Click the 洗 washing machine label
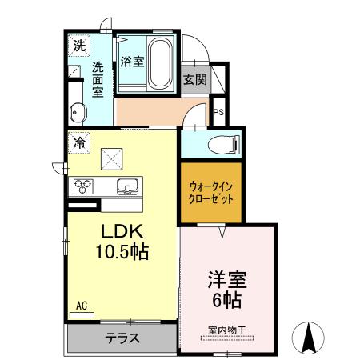tap(78, 46)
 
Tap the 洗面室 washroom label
tap(98, 79)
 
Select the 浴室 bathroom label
tap(132, 61)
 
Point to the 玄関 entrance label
tap(194, 79)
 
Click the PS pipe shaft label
tap(218, 112)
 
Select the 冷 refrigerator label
tap(79, 143)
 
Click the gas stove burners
tap(84, 187)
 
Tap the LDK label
tap(122, 231)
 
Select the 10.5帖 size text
tap(122, 250)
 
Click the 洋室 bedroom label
tap(226, 282)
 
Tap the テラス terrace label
tap(122, 337)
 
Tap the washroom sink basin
tap(78, 111)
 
